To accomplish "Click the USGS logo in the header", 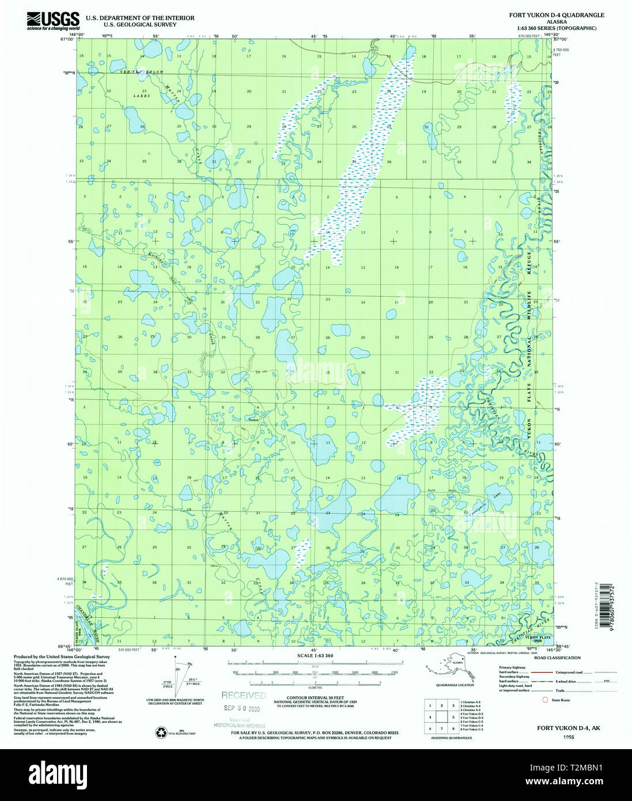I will [52, 20].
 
